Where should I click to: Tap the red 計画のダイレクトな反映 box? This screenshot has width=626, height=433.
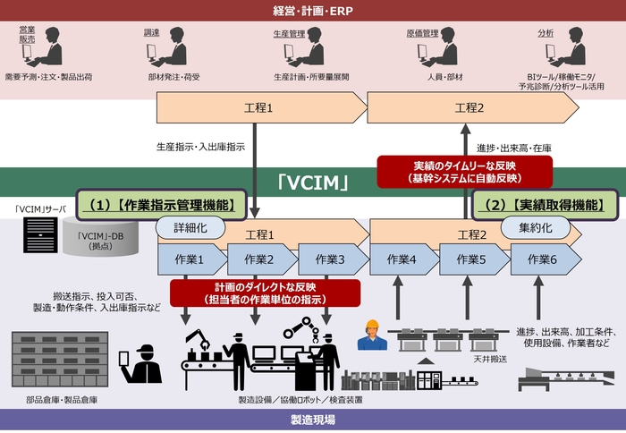coord(265,293)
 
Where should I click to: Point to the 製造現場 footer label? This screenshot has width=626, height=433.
coord(312,420)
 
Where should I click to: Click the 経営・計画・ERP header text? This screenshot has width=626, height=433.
coord(312,10)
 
